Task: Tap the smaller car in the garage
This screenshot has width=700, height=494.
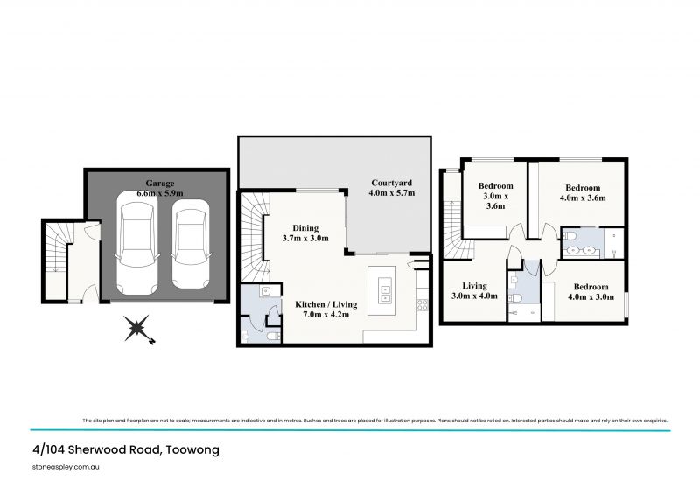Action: pyautogui.click(x=190, y=245)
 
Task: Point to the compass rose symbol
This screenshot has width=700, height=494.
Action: pyautogui.click(x=137, y=330)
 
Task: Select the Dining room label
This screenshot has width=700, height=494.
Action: pyautogui.click(x=304, y=226)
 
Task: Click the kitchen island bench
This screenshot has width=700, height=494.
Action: pyautogui.click(x=384, y=289)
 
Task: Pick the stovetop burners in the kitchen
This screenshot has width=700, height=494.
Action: pyautogui.click(x=421, y=305)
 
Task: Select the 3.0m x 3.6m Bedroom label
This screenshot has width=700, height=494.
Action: pyautogui.click(x=495, y=197)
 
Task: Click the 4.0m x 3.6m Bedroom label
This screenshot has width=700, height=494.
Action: pyautogui.click(x=583, y=193)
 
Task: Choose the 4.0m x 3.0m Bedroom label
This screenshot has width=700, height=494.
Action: pyautogui.click(x=591, y=292)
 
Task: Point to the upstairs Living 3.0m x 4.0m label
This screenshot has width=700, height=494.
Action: pyautogui.click(x=475, y=290)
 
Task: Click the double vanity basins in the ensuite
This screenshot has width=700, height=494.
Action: pyautogui.click(x=581, y=251)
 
